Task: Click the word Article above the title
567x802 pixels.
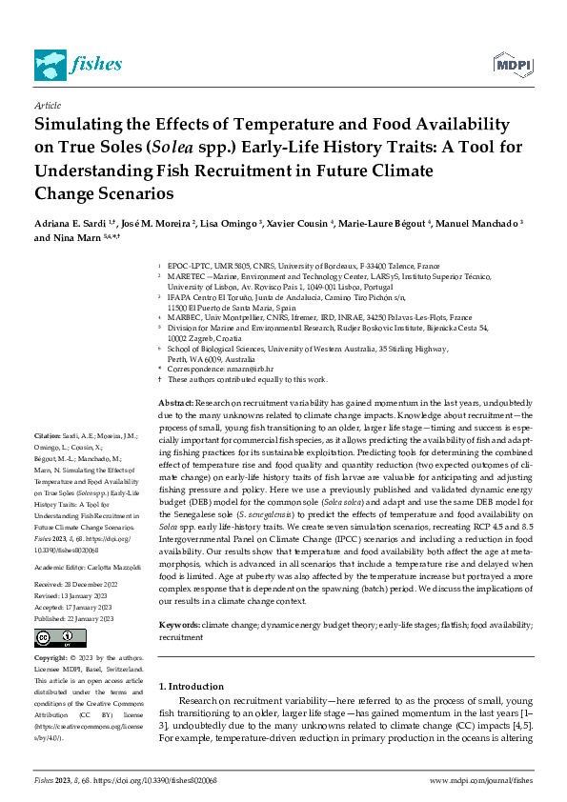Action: pyautogui.click(x=47, y=106)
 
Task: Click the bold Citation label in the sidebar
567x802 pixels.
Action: pyautogui.click(x=49, y=461)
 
